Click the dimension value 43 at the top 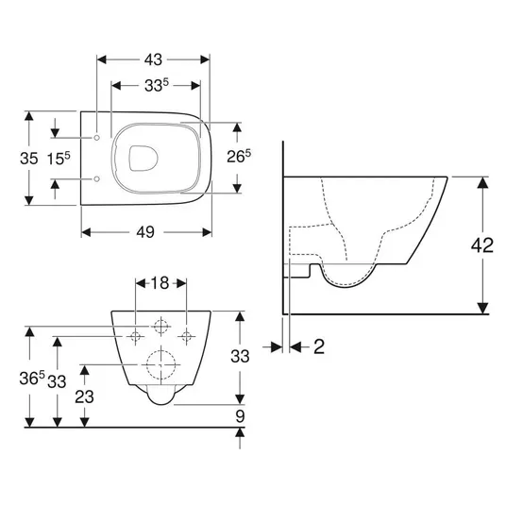(x=153, y=59)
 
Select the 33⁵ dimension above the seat (x=157, y=86)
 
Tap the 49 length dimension (x=145, y=232)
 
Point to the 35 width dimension (x=29, y=159)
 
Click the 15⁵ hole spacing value (x=59, y=159)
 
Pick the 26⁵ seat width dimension (x=239, y=157)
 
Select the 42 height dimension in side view (x=482, y=245)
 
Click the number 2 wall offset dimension (x=319, y=346)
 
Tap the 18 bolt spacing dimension (x=160, y=283)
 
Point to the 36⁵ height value (x=32, y=378)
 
